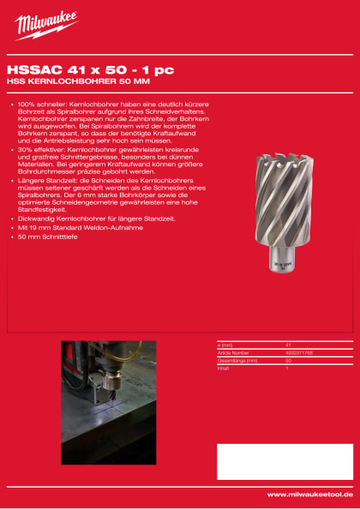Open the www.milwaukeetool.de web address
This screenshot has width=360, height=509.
click(309, 494)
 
